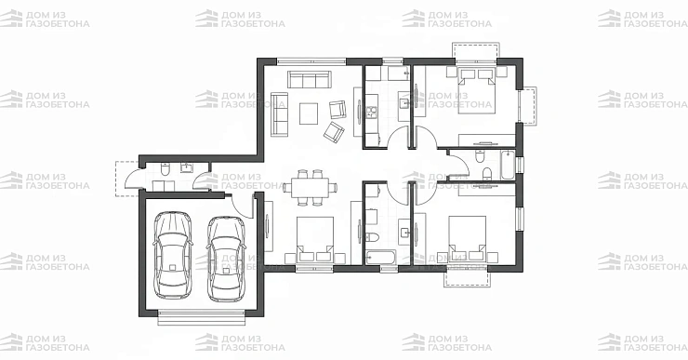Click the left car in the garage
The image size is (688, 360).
[x=172, y=256]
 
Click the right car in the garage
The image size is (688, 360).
[x=226, y=259]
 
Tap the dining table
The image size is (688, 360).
[x=309, y=188]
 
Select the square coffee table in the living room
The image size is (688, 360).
[x=309, y=113]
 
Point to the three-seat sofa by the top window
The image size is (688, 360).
[x=309, y=79]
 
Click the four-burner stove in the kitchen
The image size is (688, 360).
[x=372, y=113]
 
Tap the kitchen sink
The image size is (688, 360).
[x=404, y=103]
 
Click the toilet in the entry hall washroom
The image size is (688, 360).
[x=165, y=169]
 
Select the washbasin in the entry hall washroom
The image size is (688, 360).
[x=188, y=167]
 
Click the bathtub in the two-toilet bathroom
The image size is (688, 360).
[x=508, y=165]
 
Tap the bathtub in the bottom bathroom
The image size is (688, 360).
[x=381, y=258]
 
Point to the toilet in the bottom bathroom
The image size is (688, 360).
[x=371, y=237]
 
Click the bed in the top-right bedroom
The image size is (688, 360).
[x=477, y=90]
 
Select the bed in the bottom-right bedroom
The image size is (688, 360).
[x=467, y=238]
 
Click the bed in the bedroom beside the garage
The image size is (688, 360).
[x=315, y=239]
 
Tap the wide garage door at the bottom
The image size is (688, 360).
[x=202, y=317]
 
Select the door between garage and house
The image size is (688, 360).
[x=243, y=206]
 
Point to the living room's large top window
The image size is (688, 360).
[x=311, y=61]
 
